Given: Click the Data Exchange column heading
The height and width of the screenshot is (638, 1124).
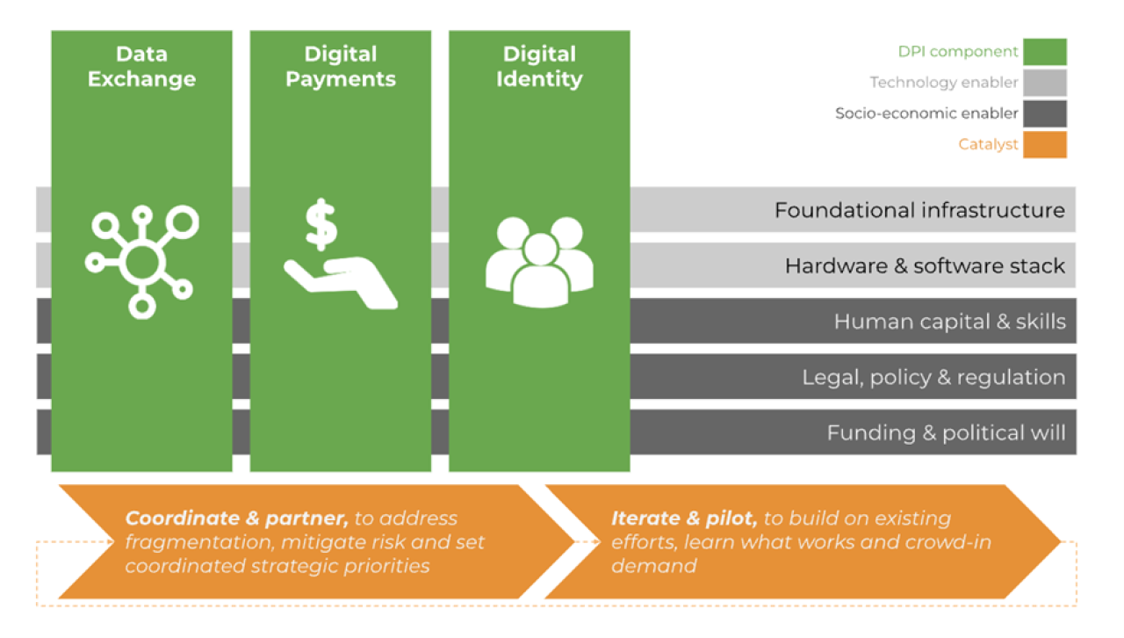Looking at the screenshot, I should pyautogui.click(x=141, y=67).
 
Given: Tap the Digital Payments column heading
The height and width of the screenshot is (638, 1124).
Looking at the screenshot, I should pyautogui.click(x=341, y=67).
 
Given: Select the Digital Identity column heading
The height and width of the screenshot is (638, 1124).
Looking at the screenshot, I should pyautogui.click(x=539, y=67).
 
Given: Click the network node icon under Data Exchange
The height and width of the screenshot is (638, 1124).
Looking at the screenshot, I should pyautogui.click(x=141, y=260).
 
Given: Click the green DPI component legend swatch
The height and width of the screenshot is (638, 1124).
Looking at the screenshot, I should pyautogui.click(x=1044, y=52).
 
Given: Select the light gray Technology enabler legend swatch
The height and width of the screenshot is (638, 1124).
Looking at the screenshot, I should pyautogui.click(x=1044, y=83).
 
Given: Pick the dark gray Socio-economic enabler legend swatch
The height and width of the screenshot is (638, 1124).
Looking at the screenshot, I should pyautogui.click(x=1044, y=113).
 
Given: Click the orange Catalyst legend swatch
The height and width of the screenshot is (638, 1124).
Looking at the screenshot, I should pyautogui.click(x=1044, y=144).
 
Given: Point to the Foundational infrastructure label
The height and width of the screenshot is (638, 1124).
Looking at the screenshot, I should pyautogui.click(x=919, y=211).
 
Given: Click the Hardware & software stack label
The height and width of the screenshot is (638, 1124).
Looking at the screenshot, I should pyautogui.click(x=925, y=266).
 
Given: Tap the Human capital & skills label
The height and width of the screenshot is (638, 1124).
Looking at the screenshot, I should pyautogui.click(x=949, y=322).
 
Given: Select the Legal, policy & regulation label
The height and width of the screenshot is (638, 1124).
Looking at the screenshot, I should pyautogui.click(x=933, y=378).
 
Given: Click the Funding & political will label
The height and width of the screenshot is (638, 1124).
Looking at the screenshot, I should pyautogui.click(x=946, y=433).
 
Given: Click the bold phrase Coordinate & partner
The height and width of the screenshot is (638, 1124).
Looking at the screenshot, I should pyautogui.click(x=237, y=518).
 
